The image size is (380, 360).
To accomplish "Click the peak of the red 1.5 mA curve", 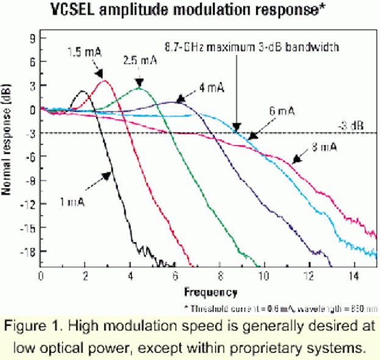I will pyautogui.click(x=104, y=81).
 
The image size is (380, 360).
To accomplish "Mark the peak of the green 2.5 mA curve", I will pyautogui.click(x=140, y=88).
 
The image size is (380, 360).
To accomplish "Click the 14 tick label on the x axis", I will pyautogui.click(x=353, y=276).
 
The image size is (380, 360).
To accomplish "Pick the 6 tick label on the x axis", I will pyautogui.click(x=175, y=276).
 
